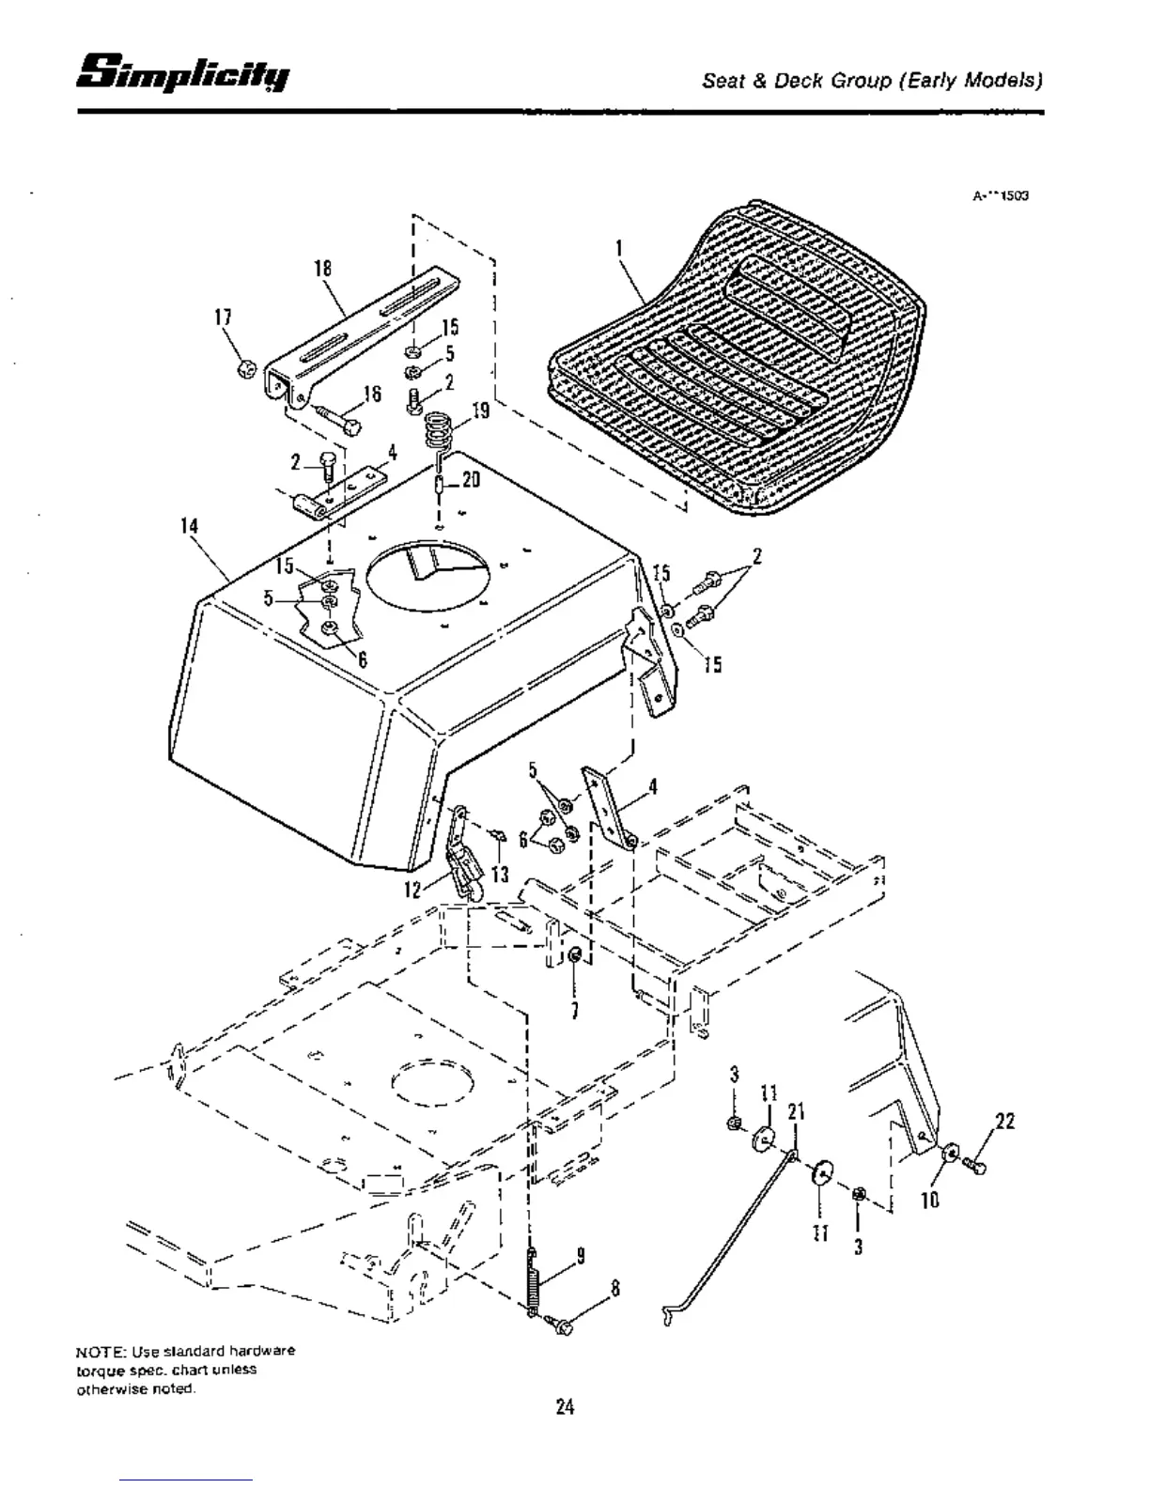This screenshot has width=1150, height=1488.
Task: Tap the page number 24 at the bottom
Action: tap(565, 1406)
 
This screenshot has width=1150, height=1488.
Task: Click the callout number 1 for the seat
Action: tap(618, 249)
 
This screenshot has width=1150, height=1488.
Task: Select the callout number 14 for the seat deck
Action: tap(190, 526)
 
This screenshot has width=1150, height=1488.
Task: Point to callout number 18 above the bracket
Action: tap(322, 269)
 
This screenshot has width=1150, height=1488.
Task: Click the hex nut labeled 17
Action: tap(247, 368)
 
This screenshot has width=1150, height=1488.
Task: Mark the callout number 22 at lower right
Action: tap(1004, 1122)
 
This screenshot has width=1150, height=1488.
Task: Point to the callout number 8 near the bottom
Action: tap(615, 1288)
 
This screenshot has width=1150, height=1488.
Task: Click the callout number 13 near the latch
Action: tap(499, 875)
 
